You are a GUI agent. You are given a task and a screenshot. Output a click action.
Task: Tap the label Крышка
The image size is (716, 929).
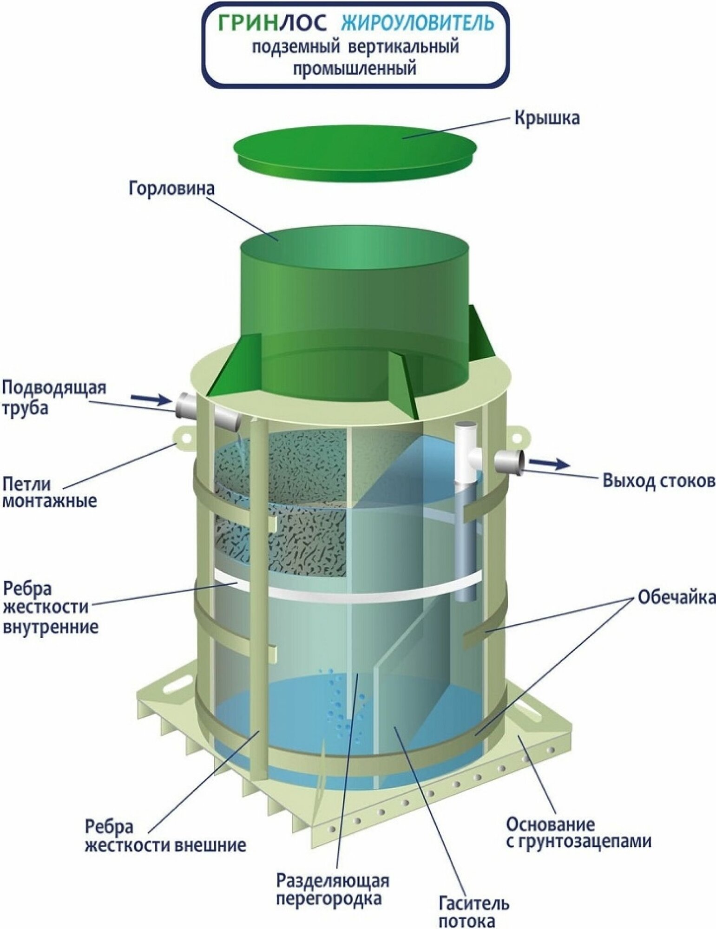point(547,118)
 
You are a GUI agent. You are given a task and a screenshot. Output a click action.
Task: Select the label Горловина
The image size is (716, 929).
point(172,189)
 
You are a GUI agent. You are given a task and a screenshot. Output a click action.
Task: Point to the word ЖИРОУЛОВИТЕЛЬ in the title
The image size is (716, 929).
point(417,24)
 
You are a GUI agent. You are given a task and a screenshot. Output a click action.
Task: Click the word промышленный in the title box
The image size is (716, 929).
point(354,69)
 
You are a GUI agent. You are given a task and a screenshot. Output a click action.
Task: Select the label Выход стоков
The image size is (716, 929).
point(658,481)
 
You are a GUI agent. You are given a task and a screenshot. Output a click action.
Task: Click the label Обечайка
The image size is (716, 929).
point(676,597)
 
